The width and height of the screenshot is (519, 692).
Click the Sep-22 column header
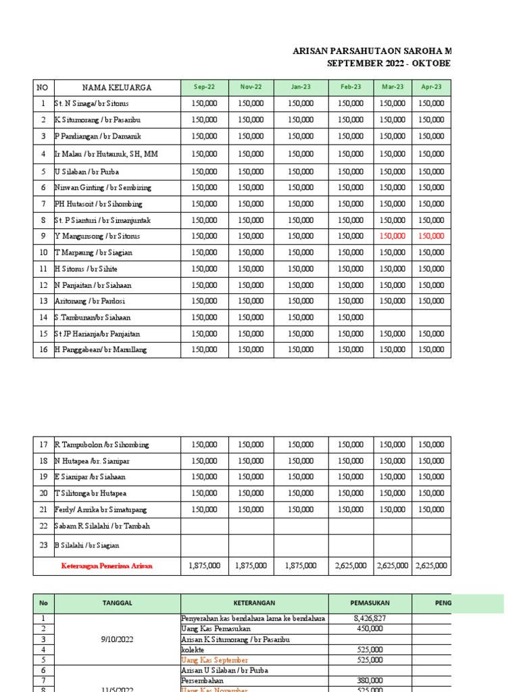pos(204,87)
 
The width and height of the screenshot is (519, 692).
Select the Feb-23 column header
pos(351,87)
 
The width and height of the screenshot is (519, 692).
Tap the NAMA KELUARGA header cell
pos(117,87)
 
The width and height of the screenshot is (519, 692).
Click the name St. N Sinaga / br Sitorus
pos(91,103)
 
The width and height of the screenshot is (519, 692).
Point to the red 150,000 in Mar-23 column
pos(393,236)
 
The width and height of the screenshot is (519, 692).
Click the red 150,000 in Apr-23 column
pos(431,236)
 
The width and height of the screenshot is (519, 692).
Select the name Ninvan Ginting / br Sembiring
pos(103,187)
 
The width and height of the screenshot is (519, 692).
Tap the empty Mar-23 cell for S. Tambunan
pos(393,317)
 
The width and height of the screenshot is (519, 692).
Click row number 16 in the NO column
pos(43,349)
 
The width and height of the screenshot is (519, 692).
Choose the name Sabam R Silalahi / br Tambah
pos(102,526)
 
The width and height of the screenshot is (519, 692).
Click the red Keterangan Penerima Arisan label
pos(107,566)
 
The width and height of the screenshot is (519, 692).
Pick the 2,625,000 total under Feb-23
pos(351,566)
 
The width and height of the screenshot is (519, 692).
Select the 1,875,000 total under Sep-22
pos(204,566)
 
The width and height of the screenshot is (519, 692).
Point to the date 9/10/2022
pos(117,639)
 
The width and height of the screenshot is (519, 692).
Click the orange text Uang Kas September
pos(214,660)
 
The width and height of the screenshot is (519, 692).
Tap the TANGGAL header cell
pos(117,603)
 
